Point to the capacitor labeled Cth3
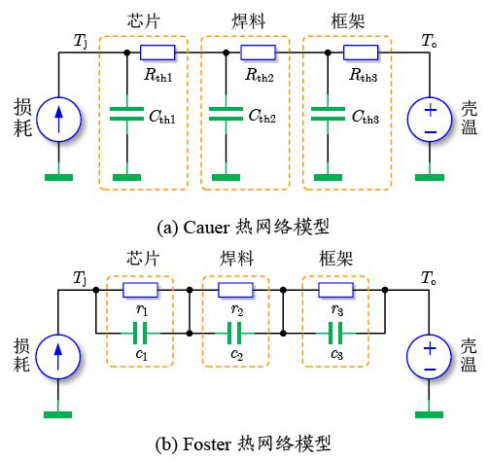point(327,115)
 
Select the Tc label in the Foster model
point(427,277)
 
